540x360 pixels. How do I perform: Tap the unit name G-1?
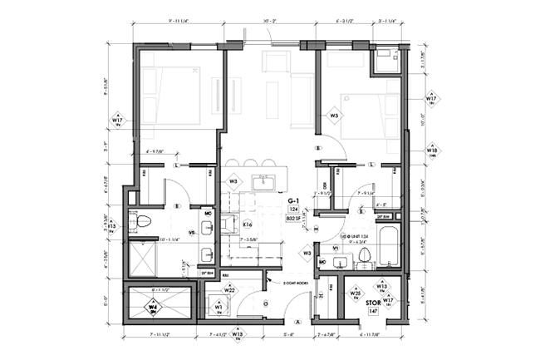[x=293, y=201]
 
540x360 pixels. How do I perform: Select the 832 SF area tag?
[x=293, y=218]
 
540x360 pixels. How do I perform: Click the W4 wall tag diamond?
[x=153, y=308]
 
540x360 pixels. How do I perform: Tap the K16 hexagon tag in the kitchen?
[x=247, y=224]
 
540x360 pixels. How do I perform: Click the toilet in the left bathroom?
[x=142, y=222]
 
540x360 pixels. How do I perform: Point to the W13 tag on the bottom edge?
[x=238, y=336]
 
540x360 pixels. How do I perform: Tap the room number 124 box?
[x=293, y=210]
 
